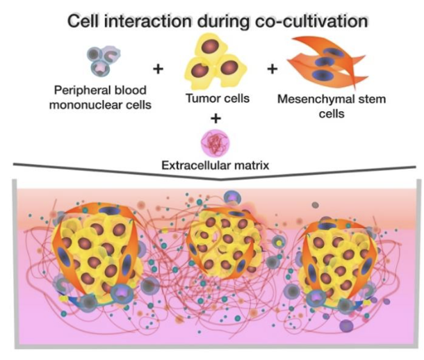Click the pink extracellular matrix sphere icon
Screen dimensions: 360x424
pyautogui.click(x=215, y=143)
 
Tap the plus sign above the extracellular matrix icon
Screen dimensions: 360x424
pyautogui.click(x=215, y=118)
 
